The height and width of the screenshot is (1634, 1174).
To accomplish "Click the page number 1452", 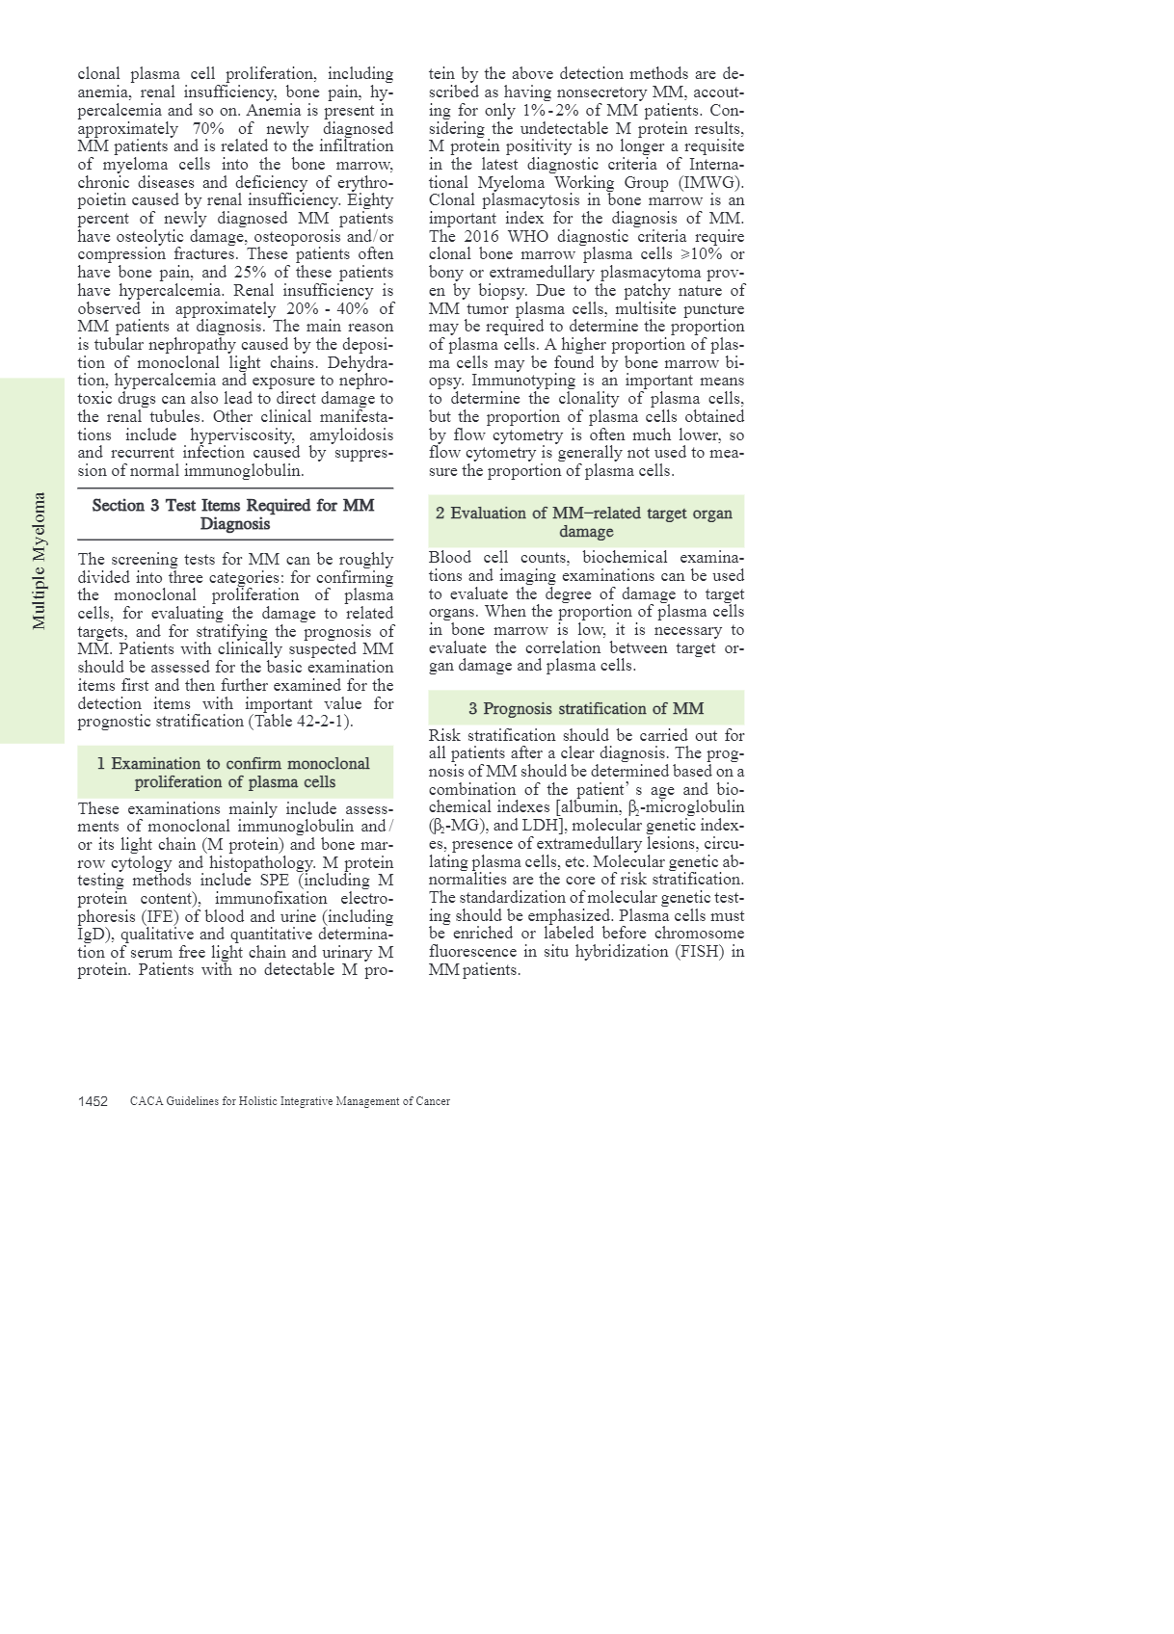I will (x=93, y=1101).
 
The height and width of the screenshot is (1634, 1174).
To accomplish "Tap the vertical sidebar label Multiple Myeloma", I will (x=40, y=561).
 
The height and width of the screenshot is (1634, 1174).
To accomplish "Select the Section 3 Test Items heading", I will (x=234, y=514).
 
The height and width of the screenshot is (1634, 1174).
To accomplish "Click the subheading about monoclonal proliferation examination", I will (x=234, y=773).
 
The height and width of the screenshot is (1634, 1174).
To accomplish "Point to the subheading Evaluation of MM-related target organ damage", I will (x=585, y=522).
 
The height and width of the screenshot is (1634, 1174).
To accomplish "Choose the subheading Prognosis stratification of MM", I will (x=585, y=709).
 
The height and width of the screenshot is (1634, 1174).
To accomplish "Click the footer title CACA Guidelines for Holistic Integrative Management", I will (x=289, y=1101).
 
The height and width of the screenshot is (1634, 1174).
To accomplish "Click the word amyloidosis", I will (x=351, y=435).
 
